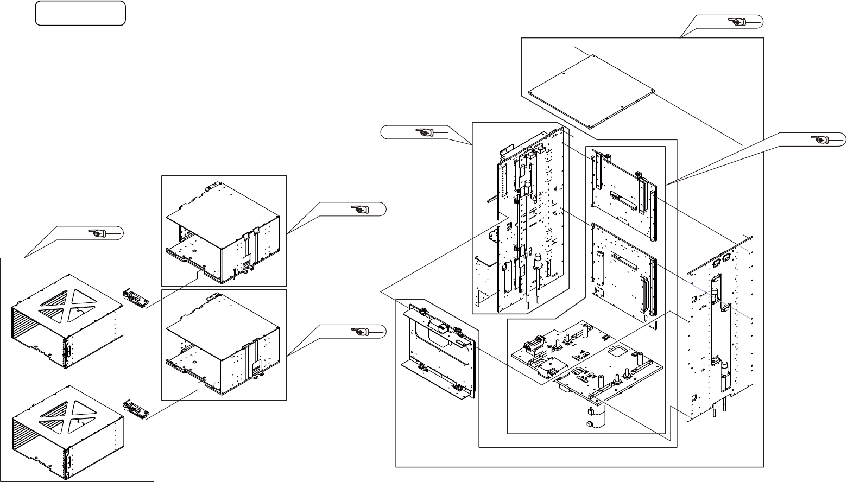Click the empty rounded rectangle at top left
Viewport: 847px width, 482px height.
[x=80, y=13]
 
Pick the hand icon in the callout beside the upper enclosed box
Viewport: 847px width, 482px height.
[x=359, y=208]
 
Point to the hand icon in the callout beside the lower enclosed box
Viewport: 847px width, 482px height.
[x=359, y=331]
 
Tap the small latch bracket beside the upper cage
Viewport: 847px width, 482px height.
[x=136, y=297]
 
